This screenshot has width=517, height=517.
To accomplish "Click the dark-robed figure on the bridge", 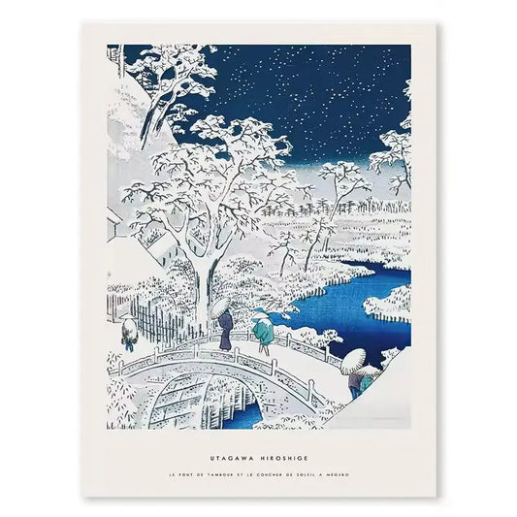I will tap(225, 336).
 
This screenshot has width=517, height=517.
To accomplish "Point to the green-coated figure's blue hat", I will tap(259, 314).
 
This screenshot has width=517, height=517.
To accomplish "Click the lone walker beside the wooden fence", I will tap(127, 332).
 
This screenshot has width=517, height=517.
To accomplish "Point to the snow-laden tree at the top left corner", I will tap(160, 73).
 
